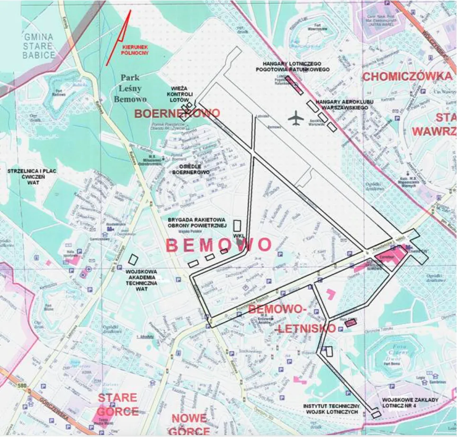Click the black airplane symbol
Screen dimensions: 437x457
[297, 118]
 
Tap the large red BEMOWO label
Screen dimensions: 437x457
[218, 245]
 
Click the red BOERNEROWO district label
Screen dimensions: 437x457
[177, 114]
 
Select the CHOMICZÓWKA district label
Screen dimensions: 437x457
[407, 77]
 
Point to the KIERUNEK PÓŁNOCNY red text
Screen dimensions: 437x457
[135, 50]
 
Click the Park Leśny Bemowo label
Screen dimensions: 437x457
[130, 88]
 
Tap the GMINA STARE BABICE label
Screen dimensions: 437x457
[39, 46]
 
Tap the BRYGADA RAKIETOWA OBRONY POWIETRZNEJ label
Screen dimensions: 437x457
[197, 223]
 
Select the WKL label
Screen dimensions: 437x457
[238, 236]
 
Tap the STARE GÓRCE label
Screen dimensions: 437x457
[117, 404]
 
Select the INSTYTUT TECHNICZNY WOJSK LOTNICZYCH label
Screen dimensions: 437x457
[332, 409]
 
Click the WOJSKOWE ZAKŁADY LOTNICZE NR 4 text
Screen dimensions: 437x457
[410, 403]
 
